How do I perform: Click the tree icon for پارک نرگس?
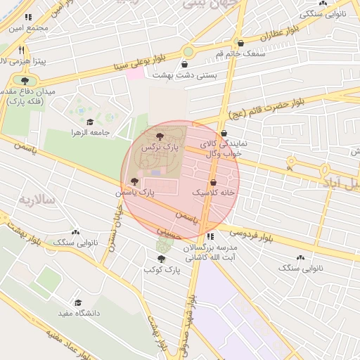click(159, 137)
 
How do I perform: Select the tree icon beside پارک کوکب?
click(162, 259)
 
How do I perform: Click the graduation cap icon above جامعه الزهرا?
click(90, 122)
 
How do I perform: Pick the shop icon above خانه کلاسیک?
click(213, 181)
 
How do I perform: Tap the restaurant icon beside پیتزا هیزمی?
click(22, 51)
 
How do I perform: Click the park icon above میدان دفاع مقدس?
click(25, 82)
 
